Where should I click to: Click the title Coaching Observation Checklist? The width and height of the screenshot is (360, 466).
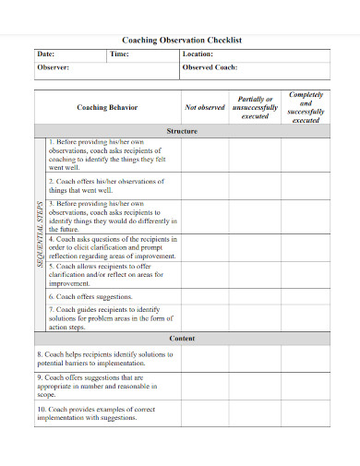click(182, 41)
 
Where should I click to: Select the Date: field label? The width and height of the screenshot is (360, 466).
click(47, 54)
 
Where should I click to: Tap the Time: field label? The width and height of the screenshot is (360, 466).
click(119, 54)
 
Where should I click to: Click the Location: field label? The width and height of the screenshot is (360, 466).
click(198, 54)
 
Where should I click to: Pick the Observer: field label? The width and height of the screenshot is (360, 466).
click(53, 67)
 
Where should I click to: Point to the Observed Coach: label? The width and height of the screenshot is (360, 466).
click(210, 67)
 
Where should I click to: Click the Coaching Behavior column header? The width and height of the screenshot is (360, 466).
click(107, 108)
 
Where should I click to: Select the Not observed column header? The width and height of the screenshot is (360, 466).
click(205, 108)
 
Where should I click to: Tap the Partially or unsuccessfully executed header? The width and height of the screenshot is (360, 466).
click(255, 108)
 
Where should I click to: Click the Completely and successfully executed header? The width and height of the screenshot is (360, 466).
click(306, 108)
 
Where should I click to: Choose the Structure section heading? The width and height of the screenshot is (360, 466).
click(182, 132)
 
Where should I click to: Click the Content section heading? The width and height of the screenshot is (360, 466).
click(182, 340)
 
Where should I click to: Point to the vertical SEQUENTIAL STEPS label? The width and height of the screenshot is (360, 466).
click(41, 234)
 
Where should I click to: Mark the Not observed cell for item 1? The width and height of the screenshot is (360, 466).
click(205, 156)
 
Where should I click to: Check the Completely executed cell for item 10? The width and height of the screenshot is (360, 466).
click(306, 412)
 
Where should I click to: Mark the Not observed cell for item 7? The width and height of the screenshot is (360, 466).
click(205, 317)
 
